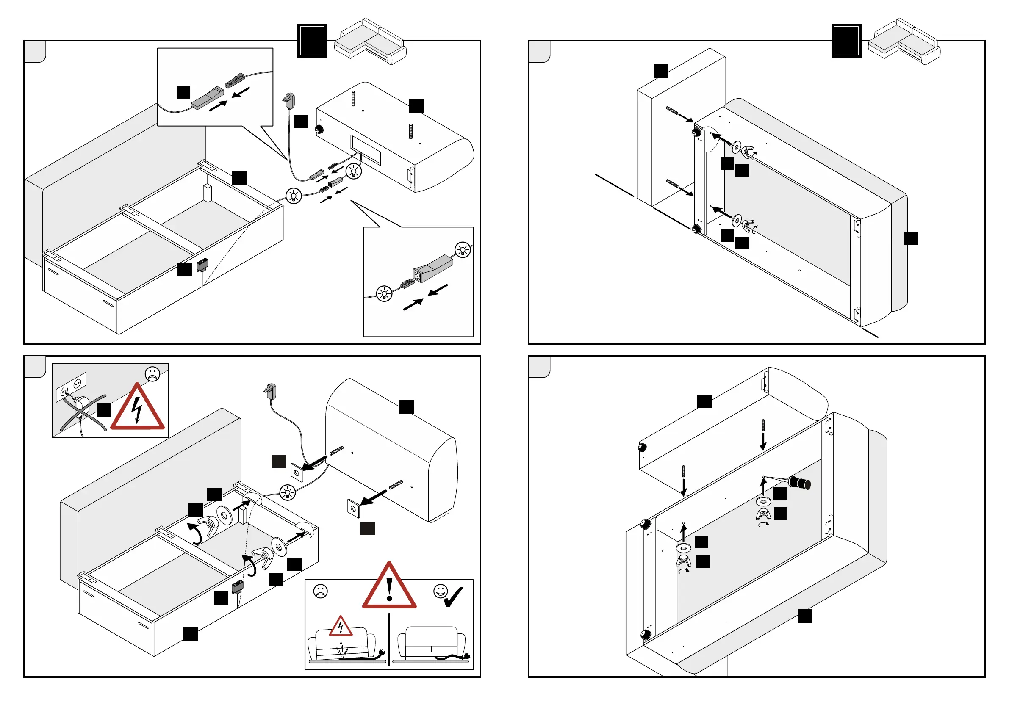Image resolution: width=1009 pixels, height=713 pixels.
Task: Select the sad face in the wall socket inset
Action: (152, 374)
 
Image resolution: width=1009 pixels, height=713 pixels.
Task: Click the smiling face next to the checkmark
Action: (441, 591)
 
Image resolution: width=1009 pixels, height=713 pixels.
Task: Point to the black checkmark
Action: (454, 597)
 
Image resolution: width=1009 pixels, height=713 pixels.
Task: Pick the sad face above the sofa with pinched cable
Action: (320, 591)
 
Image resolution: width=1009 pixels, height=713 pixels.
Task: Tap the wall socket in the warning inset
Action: (71, 386)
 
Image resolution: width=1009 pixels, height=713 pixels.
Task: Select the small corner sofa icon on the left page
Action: (370, 42)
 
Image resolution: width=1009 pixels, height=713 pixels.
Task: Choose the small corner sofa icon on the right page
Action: (904, 42)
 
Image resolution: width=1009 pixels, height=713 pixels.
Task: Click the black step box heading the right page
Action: (846, 41)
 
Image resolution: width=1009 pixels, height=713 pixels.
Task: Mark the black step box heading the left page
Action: (312, 41)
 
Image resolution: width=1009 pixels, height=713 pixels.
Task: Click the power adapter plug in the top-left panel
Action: (290, 100)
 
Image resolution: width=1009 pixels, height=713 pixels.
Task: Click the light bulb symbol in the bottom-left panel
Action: (287, 492)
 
